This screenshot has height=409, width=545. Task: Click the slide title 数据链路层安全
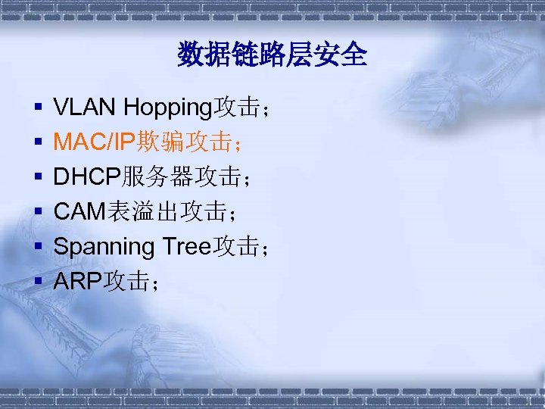[x=272, y=55]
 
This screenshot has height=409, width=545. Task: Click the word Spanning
[x=104, y=247]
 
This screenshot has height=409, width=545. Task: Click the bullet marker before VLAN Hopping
[x=36, y=109]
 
